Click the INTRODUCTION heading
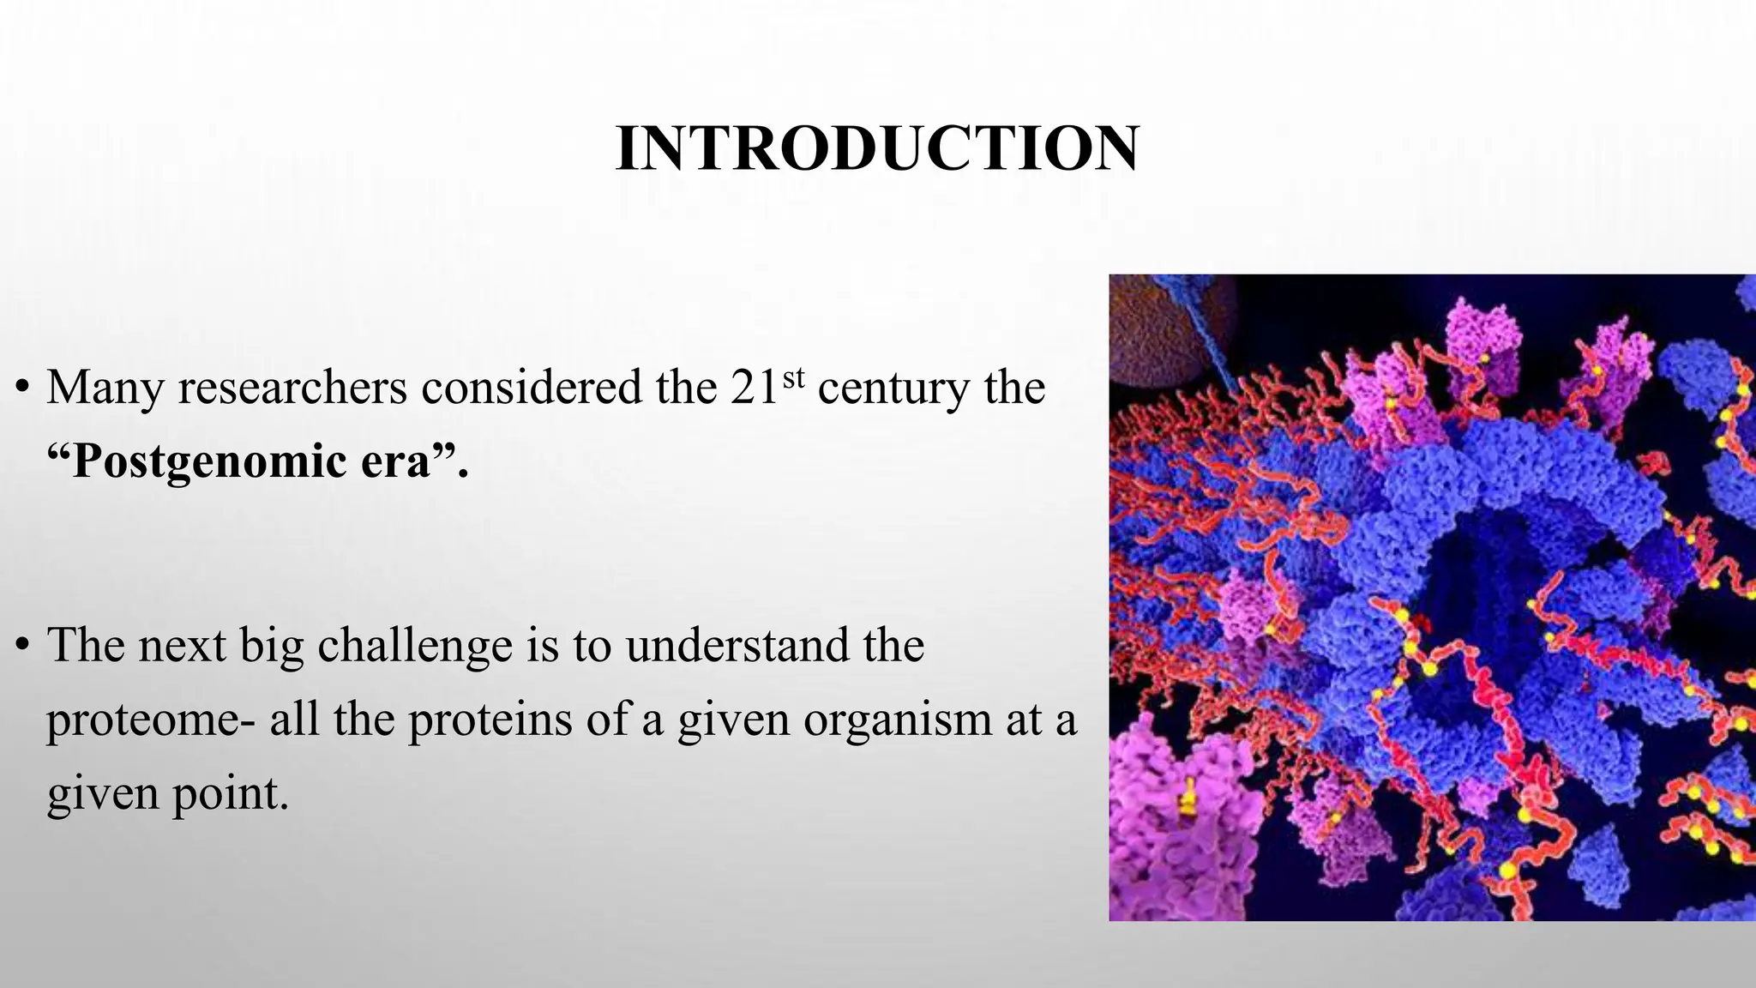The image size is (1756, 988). pyautogui.click(x=877, y=149)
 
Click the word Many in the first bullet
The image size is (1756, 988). pyautogui.click(x=105, y=388)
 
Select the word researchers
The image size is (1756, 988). pyautogui.click(x=292, y=388)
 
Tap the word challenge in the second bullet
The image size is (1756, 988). pyautogui.click(x=415, y=647)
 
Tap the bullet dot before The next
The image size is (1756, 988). pyautogui.click(x=23, y=647)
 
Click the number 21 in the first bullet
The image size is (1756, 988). pyautogui.click(x=755, y=388)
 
